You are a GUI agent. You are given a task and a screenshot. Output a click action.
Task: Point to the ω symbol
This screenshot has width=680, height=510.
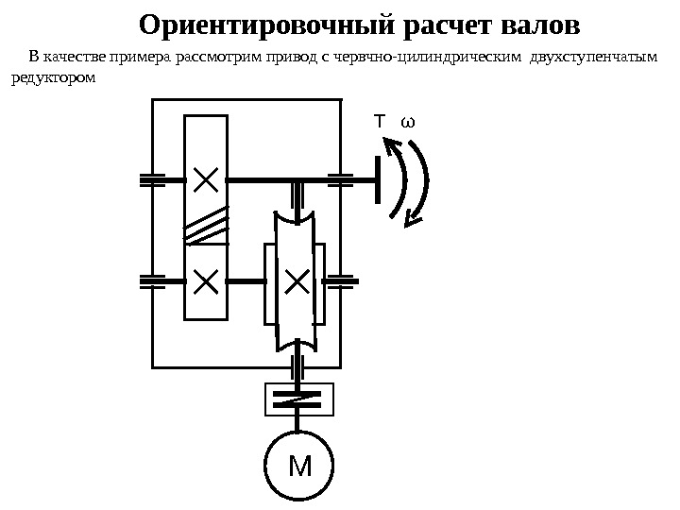point(408,123)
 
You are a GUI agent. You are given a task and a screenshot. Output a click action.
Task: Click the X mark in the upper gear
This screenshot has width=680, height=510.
point(205,178)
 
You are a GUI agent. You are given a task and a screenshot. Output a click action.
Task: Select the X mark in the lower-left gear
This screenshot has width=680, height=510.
point(205,280)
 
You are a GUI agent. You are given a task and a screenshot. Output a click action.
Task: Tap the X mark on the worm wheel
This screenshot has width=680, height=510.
point(297,280)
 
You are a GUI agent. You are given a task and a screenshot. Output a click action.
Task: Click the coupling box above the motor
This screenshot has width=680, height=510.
point(298,399)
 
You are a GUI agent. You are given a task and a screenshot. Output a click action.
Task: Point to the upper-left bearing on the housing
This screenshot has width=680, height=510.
point(151,179)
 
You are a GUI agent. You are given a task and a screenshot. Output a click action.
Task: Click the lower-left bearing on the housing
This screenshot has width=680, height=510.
point(151,280)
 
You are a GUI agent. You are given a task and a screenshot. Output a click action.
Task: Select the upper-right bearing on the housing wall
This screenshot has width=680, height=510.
point(339,179)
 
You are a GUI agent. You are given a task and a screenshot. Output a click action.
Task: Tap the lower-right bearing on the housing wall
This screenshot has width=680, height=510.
point(339,280)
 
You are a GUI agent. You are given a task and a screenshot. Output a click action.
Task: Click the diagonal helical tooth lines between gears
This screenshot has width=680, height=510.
point(206,225)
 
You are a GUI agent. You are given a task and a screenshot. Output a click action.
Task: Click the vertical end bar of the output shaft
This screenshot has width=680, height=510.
point(377,179)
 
